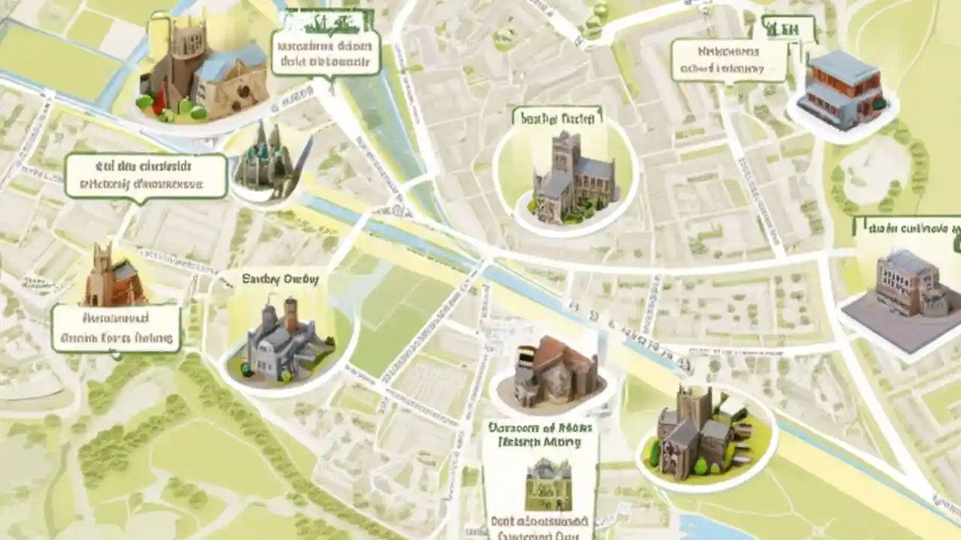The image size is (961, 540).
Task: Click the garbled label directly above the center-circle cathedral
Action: tap(556, 117)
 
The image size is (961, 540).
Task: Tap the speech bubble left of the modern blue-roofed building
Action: tap(728, 61)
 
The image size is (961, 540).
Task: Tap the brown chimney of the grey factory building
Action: tap(290, 315)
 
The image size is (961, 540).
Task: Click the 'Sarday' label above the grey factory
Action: tap(280, 279)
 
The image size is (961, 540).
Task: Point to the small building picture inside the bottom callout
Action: tap(548, 484)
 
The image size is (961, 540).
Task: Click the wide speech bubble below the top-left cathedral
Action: tap(146, 175)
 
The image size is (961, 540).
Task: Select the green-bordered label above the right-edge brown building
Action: tap(908, 227)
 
